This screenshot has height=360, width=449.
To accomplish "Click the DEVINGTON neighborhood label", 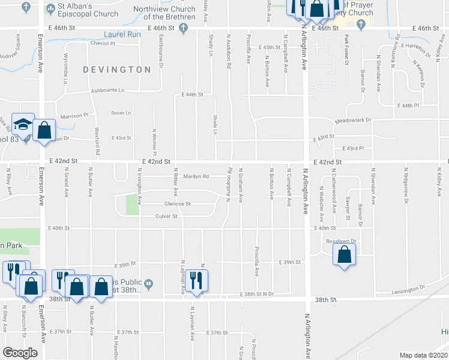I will pos(117,70).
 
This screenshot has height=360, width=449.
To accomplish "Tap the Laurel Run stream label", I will pos(121,35).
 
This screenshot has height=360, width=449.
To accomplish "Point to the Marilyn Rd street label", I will pos(197,176).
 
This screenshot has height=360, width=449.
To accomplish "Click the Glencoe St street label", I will pos(178,203).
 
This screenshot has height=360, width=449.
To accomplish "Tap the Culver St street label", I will pos(166,216).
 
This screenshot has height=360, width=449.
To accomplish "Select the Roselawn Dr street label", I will pos(341,241).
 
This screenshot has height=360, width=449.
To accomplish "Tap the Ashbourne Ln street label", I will pos(107,91).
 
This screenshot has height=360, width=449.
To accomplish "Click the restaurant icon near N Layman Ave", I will pos(196,280).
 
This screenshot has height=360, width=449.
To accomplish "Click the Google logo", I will pos(20,353).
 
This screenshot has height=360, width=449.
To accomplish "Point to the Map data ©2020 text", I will pos(421,355).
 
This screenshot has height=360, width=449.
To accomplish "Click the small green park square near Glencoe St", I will pos(131,205).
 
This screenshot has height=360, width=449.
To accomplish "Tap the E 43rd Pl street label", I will pos(353,148).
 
